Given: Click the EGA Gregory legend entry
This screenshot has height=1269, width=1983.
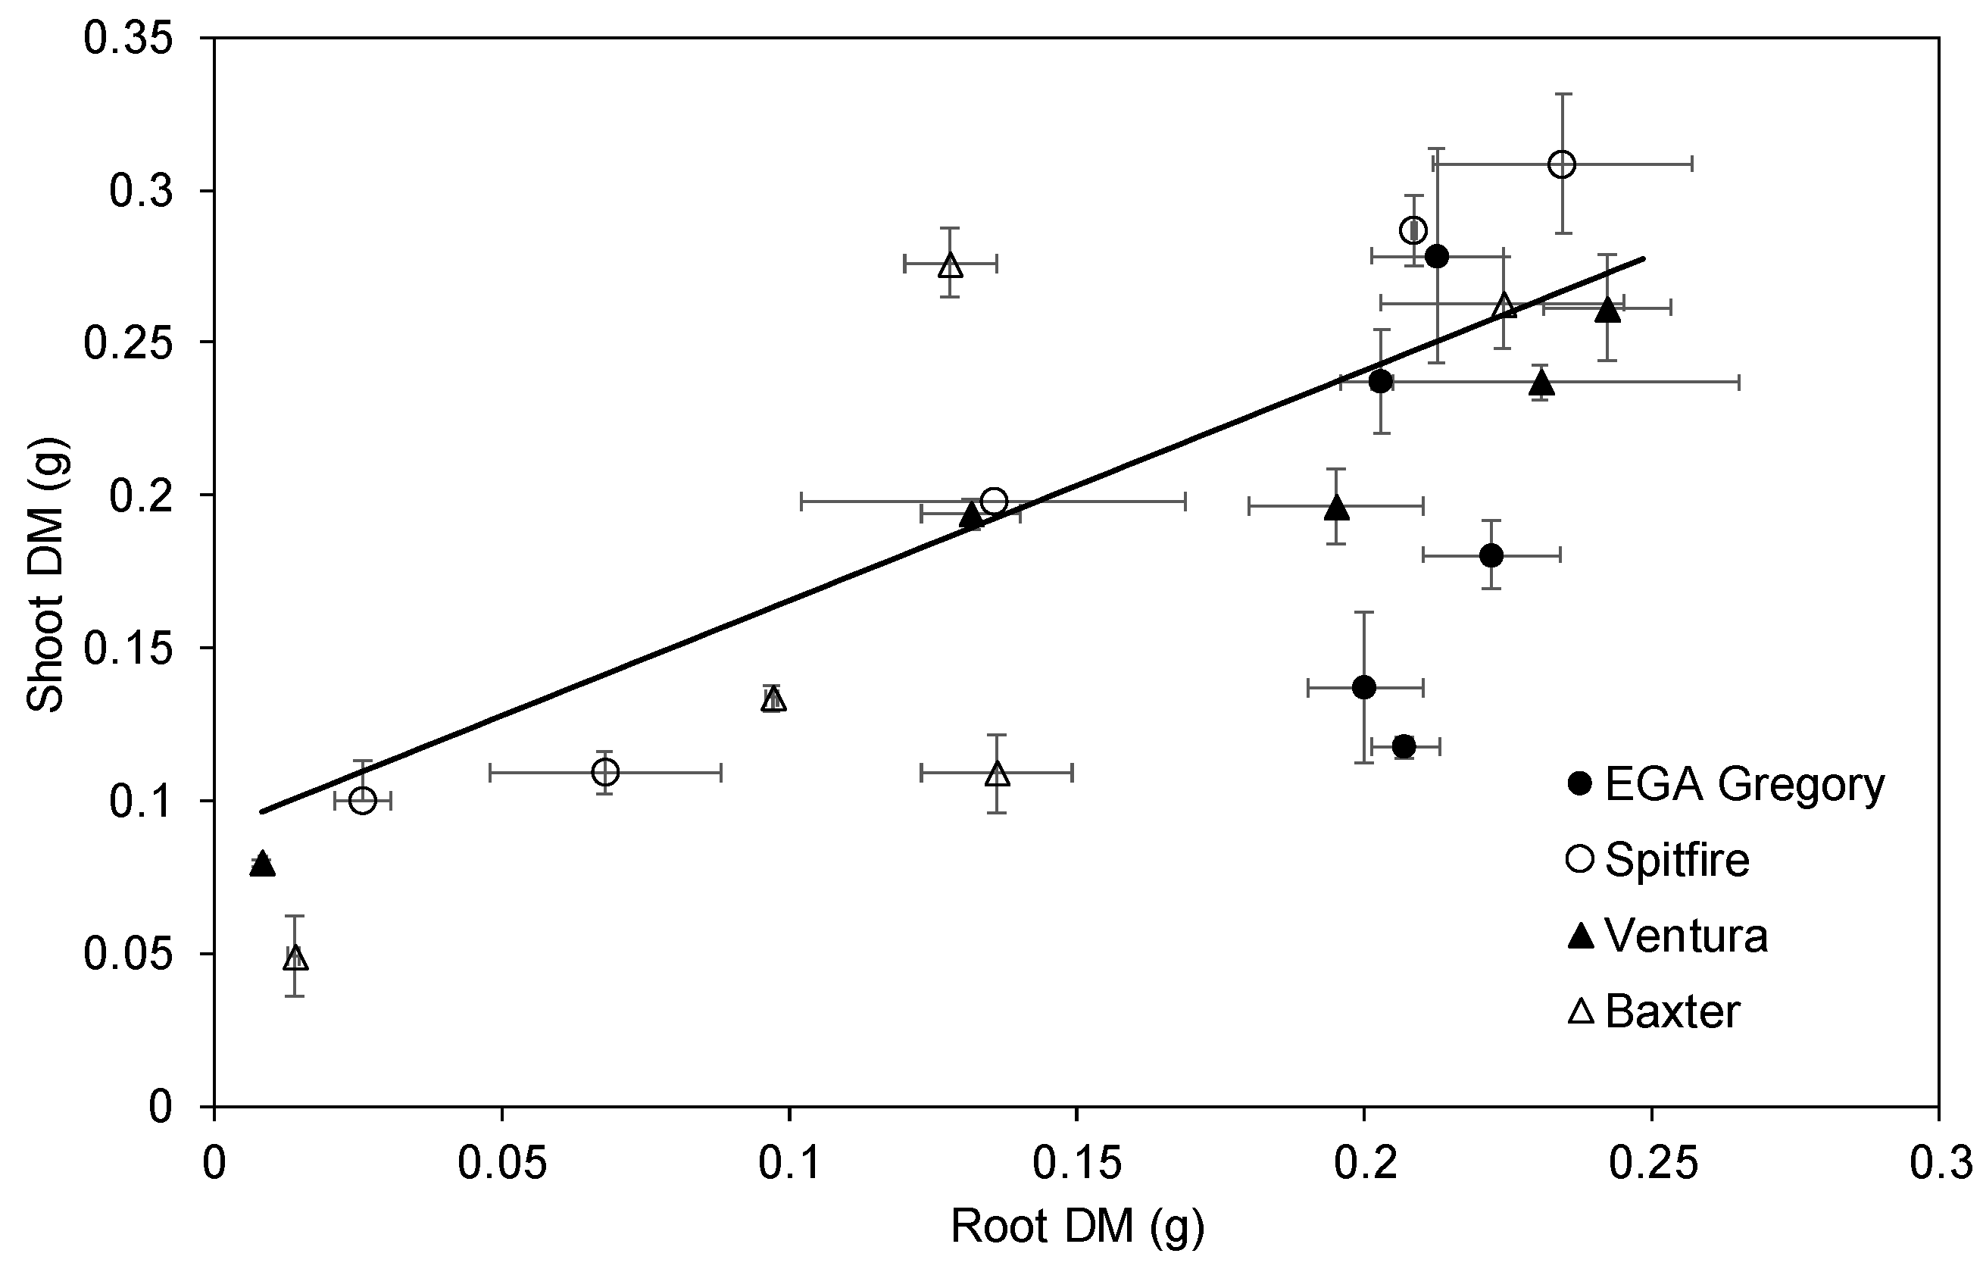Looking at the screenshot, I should tap(1727, 783).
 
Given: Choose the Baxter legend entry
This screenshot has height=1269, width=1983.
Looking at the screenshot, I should tap(1654, 1011).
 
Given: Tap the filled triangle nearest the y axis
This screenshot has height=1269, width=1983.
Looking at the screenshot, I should tap(262, 864).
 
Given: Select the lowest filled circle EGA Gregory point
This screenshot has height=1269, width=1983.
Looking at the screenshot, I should tap(1404, 746).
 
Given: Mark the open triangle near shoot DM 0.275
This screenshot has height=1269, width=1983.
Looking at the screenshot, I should tap(951, 265).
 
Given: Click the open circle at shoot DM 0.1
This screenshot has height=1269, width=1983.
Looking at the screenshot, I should tap(363, 800).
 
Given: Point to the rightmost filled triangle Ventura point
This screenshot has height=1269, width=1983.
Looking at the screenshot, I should tap(1607, 310).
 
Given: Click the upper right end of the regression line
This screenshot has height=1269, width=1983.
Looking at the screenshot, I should tap(1644, 259).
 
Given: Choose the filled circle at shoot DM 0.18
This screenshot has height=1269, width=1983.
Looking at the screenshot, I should tap(1491, 555).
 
